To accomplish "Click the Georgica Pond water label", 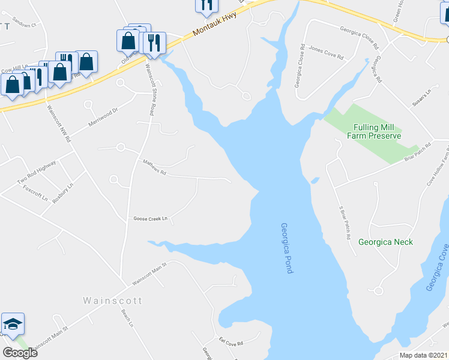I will pos(286,248).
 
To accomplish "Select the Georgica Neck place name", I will pos(385,242).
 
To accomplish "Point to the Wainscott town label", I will pos(112,301).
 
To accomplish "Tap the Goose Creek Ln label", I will pos(149,219).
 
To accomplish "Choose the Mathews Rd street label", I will pos(154,167).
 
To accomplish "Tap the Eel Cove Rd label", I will pos(231,343).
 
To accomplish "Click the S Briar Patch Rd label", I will pos(344,221).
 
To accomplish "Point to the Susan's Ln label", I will pos(421,94).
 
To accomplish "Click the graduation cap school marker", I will pos(13,324).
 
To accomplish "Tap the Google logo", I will pos(20,353).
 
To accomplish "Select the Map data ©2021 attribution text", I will pos(423,355).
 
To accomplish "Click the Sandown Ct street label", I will pos(25,25).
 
